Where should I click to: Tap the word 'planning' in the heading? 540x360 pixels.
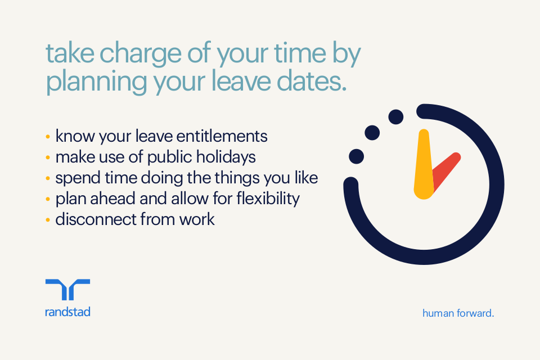(x=85, y=83)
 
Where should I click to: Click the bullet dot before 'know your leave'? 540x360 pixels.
(x=48, y=137)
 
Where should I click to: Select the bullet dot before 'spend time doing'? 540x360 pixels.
(x=48, y=178)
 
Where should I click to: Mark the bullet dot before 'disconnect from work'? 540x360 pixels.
(x=48, y=219)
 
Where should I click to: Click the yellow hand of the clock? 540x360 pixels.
(x=424, y=165)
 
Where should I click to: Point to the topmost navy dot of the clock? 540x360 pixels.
(x=396, y=117)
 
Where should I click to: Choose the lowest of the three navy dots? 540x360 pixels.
(x=356, y=156)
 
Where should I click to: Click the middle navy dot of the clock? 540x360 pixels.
(x=372, y=133)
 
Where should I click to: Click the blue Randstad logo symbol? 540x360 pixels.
(x=67, y=290)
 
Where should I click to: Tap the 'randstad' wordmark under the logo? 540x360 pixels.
(x=67, y=312)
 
